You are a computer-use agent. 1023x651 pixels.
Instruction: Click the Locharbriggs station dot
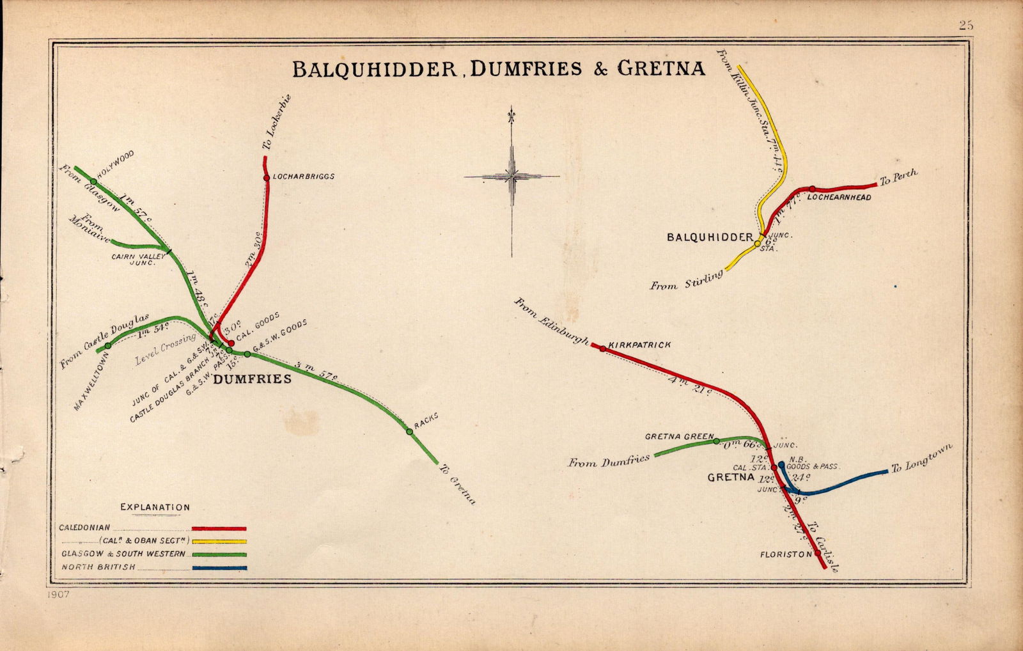pos(267,177)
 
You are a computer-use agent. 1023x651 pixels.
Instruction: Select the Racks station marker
pos(409,432)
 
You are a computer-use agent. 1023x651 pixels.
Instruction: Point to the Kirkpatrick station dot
pos(602,349)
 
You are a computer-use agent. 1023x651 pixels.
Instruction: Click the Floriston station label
pos(786,554)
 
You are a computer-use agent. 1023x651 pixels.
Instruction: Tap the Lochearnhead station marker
pos(812,189)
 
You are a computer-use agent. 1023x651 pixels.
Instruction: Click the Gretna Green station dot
pos(716,441)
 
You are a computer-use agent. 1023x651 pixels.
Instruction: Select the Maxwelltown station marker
pos(107,345)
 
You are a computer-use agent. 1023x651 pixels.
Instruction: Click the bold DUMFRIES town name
pos(252,379)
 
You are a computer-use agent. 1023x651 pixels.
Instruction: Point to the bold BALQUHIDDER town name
pos(710,237)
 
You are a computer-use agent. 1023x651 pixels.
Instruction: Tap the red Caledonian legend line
pos(219,529)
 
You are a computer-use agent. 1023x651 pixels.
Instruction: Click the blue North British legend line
pos(219,567)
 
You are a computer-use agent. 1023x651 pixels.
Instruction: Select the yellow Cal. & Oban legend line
pos(219,542)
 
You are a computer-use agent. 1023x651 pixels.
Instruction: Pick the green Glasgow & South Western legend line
pos(219,554)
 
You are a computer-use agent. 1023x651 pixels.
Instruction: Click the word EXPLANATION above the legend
pos(155,507)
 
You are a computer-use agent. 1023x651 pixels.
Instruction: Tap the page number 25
pos(965,26)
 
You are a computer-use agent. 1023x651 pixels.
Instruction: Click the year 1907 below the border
pos(58,595)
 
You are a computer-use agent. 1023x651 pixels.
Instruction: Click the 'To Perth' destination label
pos(898,177)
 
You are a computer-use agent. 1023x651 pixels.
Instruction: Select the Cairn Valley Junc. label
pos(139,258)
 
